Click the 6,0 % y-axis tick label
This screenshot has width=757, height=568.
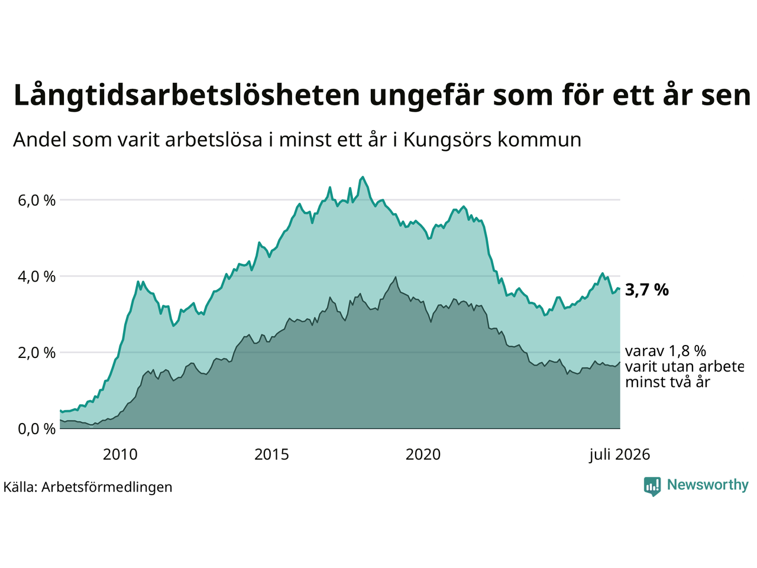tap(37, 201)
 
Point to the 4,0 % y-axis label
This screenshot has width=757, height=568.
tap(37, 276)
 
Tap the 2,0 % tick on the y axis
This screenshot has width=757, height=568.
tap(37, 353)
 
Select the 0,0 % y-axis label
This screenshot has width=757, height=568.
tap(37, 430)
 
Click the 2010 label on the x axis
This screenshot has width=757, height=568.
tap(120, 454)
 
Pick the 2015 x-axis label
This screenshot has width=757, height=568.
tap(271, 454)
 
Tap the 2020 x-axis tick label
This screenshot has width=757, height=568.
tap(423, 454)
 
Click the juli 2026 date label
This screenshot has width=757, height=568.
tap(619, 455)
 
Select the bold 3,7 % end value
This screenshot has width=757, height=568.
tap(646, 291)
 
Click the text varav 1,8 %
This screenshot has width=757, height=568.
tap(665, 351)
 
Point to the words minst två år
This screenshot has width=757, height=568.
tap(668, 382)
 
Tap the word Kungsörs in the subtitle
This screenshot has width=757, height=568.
tap(447, 140)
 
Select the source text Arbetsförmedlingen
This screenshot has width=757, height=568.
tap(106, 488)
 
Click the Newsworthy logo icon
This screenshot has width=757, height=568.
tap(652, 486)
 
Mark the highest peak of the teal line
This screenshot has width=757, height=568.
tap(362, 177)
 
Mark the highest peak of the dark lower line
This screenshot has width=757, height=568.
tap(396, 277)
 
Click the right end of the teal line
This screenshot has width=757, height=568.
tap(620, 289)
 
